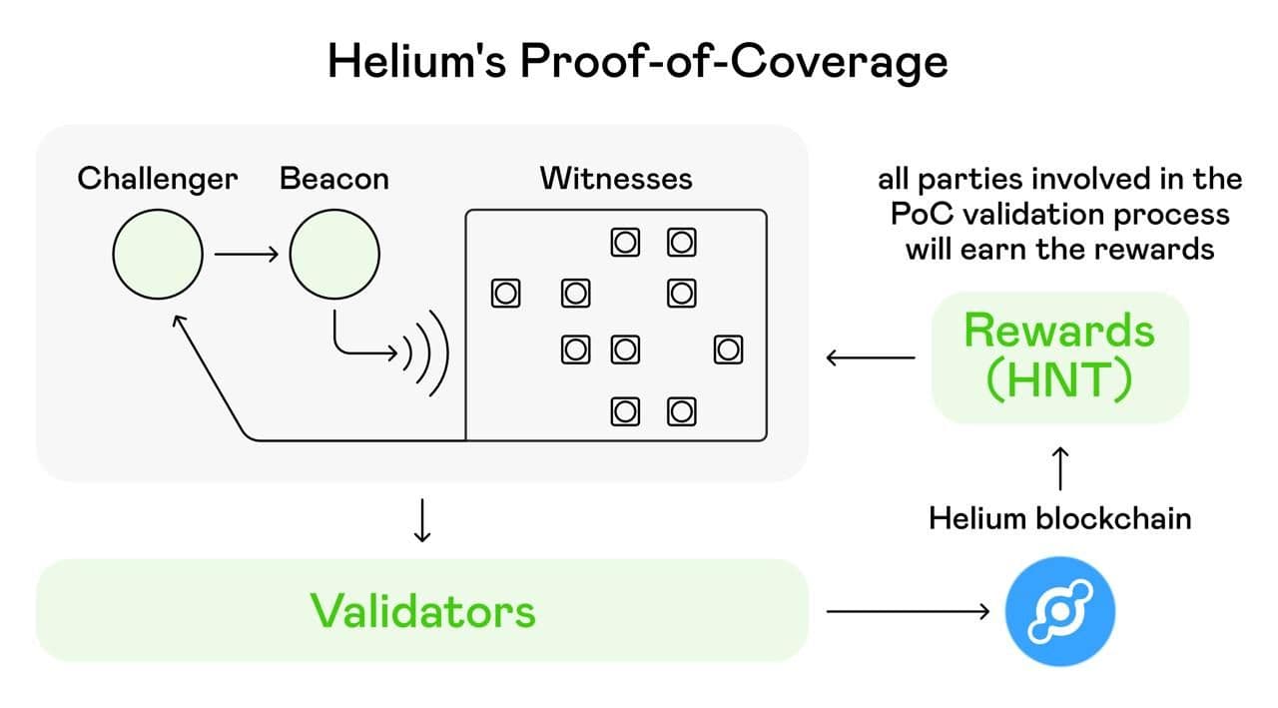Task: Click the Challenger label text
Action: pos(158,180)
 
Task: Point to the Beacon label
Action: pos(334,180)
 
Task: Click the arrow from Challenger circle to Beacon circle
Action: pos(247,255)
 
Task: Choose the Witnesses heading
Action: pos(616,180)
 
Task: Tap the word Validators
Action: pos(422,611)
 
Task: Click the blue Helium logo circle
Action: pos(1058,611)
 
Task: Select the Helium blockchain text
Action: pos(1059,519)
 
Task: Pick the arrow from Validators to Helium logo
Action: pos(908,611)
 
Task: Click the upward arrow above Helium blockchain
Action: pos(1060,467)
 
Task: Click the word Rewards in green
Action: pos(1059,331)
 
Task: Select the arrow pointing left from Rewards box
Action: pos(870,356)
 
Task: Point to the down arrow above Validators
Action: pos(422,519)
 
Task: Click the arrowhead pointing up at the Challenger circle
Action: pos(178,321)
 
